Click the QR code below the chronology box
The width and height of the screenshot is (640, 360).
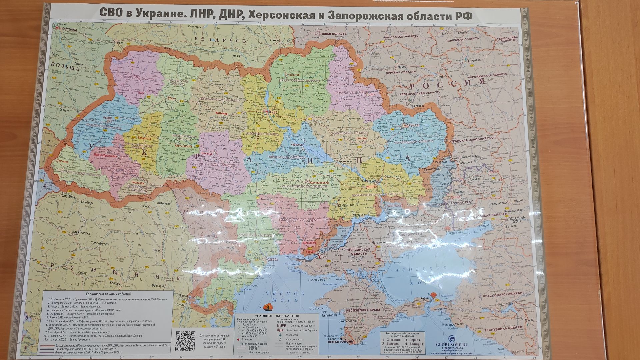pos(185,341)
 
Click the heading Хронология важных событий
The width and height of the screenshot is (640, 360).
pos(109,294)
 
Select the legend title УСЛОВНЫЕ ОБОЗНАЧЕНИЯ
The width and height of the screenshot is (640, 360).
pos(277,315)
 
